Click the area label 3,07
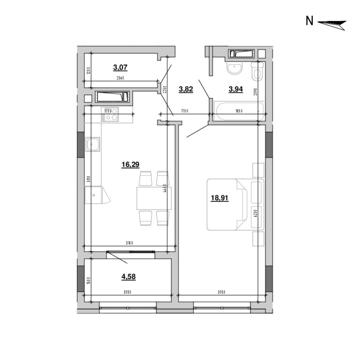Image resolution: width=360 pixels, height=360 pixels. (x=120, y=67)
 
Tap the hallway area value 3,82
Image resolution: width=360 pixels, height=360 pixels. (x=186, y=90)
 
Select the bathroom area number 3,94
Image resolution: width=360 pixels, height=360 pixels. (x=235, y=90)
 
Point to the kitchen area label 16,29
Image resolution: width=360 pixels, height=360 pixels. (x=130, y=165)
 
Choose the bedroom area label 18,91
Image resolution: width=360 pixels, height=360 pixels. (x=219, y=198)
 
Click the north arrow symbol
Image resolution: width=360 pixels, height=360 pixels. (x=332, y=23)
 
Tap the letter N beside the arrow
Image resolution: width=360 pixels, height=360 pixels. (x=309, y=21)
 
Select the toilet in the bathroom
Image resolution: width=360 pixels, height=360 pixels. (x=256, y=73)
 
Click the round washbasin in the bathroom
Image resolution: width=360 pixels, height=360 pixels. (x=233, y=69)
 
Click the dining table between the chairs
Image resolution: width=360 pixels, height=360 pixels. (x=153, y=198)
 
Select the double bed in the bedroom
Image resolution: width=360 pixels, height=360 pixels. (x=227, y=205)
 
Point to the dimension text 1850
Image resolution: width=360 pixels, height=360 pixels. (x=239, y=111)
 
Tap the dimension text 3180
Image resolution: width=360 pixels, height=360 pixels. (x=130, y=243)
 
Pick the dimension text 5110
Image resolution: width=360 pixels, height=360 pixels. (x=88, y=179)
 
